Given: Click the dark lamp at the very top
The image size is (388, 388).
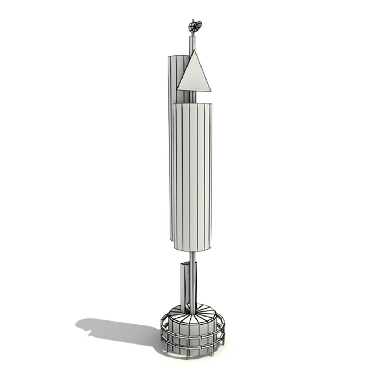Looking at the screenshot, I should (195, 26).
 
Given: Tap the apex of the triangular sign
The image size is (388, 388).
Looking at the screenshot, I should (194, 51).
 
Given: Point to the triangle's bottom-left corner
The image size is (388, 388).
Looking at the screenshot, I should (177, 89).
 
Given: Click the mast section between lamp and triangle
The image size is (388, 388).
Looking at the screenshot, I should (193, 42).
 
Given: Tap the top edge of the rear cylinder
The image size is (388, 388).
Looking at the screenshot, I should (178, 56).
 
